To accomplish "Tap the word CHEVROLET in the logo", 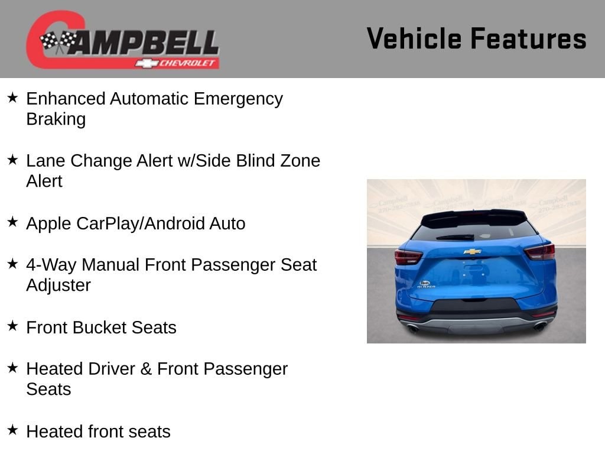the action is tap(187, 63).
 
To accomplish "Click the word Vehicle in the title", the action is tap(414, 39).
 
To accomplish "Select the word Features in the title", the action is tap(528, 39).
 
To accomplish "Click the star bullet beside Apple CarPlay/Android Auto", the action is tap(13, 222).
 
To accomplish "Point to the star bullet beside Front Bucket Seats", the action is tap(13, 326).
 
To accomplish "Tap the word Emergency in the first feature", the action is tap(238, 99).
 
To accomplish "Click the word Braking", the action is tap(56, 119).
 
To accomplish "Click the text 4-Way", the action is tap(51, 265).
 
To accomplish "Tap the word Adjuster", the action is tap(58, 286).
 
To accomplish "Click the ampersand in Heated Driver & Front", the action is tap(146, 369).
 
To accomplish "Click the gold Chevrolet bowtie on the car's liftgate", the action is tap(472, 252).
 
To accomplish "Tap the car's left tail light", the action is tap(408, 257).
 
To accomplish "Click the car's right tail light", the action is tap(540, 252).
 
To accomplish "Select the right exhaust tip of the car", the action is tap(539, 327).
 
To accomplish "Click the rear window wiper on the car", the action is tap(456, 238).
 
